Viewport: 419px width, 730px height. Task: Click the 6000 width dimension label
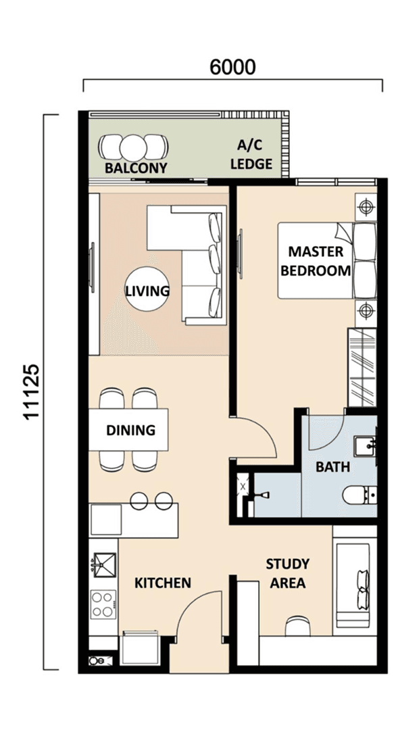click(x=232, y=67)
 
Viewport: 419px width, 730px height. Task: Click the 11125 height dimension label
click(x=32, y=392)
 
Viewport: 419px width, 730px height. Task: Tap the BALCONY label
click(x=135, y=168)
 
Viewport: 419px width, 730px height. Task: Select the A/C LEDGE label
click(x=251, y=155)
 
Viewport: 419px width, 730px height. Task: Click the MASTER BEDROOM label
click(x=316, y=261)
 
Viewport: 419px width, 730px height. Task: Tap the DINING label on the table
click(x=130, y=430)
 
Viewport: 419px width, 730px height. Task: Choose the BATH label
click(x=332, y=466)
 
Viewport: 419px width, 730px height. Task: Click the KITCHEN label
click(x=162, y=583)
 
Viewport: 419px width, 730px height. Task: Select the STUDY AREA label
click(x=288, y=573)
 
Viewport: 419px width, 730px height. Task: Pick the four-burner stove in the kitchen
click(x=103, y=604)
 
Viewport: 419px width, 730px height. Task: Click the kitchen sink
click(x=103, y=564)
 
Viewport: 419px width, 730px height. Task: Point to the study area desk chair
click(x=298, y=626)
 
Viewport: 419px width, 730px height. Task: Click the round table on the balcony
click(x=133, y=148)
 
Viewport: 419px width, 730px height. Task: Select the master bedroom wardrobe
click(x=362, y=367)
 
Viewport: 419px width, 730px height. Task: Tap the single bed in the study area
click(x=353, y=583)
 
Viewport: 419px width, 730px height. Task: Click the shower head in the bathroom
click(x=262, y=494)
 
